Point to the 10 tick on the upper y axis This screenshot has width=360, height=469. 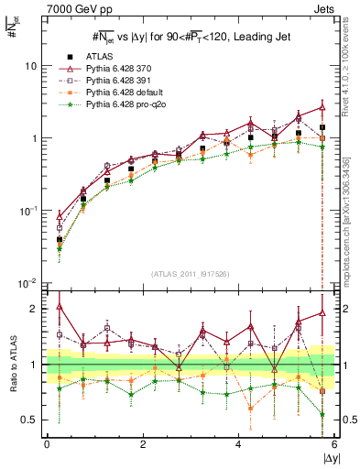(31, 67)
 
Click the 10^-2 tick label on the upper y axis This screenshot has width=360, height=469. (28, 282)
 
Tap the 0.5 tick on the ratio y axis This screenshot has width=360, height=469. (29, 420)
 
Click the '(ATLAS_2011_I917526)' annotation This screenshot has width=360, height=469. (191, 273)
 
